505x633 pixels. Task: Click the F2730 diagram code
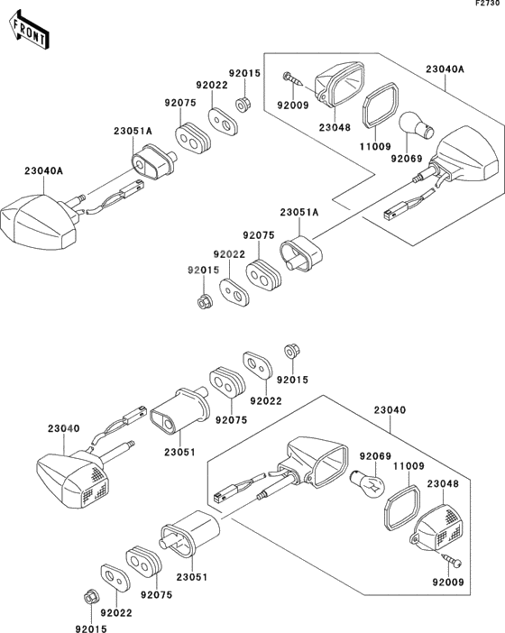488,5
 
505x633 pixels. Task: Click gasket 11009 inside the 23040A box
381,105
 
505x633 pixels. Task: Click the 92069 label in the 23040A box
406,159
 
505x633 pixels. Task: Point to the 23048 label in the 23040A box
335,128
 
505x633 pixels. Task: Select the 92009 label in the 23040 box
447,583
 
